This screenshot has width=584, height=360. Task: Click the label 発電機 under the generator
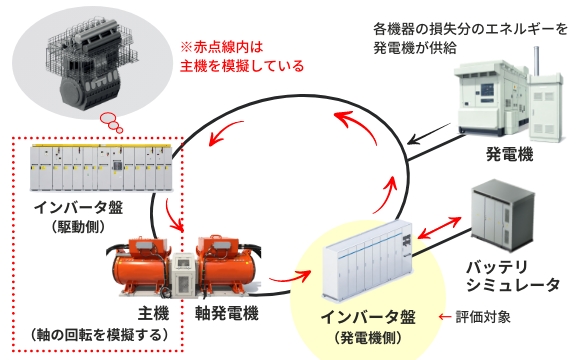click(509, 154)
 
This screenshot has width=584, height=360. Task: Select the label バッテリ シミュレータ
click(513, 276)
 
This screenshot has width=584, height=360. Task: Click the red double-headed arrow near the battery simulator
click(439, 227)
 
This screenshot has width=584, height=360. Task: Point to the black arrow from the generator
click(432, 134)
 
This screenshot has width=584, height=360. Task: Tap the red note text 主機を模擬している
click(242, 66)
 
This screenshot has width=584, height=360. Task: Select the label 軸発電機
click(226, 313)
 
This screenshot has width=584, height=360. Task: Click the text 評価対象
click(483, 317)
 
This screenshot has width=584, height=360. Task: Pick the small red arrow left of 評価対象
click(445, 317)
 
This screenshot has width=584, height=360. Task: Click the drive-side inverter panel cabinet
click(101, 168)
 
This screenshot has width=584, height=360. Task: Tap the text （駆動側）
click(78, 226)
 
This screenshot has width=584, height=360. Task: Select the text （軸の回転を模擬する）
click(98, 335)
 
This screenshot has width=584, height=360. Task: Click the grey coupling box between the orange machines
click(183, 275)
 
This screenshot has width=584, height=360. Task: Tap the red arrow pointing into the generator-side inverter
click(290, 276)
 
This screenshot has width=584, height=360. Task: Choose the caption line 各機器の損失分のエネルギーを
click(470, 29)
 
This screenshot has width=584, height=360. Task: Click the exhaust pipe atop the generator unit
click(536, 61)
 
